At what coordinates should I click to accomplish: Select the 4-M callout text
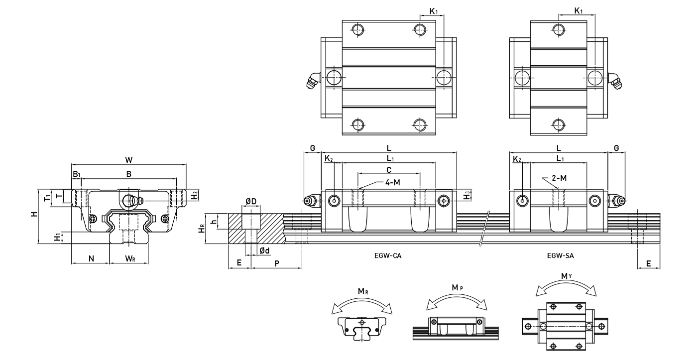(392, 183)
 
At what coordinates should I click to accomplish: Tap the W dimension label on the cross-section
(128, 160)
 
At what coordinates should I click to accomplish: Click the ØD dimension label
(251, 201)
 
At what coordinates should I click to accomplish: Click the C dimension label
(388, 169)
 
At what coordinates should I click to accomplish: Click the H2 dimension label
(195, 194)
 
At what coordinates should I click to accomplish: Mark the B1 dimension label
(76, 174)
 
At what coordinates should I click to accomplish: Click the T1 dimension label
(46, 198)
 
